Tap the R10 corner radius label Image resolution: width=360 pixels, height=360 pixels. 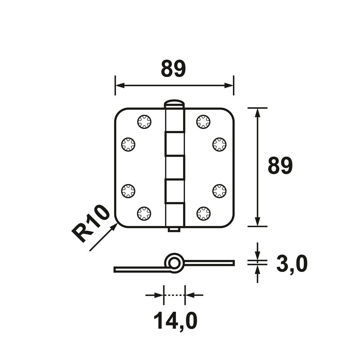pos(90,224)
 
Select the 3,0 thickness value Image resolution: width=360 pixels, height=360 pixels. pos(292,264)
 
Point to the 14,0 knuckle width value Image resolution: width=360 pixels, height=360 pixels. pos(175,320)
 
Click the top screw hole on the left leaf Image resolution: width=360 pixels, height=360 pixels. pos(144,122)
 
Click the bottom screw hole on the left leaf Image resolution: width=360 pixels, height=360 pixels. pos(144,213)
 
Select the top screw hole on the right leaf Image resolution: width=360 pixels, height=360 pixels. pos(203,122)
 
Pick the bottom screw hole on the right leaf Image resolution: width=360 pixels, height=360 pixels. pos(203,213)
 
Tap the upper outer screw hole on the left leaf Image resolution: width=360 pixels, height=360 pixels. pos(128,145)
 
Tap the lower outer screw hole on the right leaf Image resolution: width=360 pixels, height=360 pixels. pos(219,190)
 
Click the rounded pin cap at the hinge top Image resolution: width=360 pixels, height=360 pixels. pos(174,103)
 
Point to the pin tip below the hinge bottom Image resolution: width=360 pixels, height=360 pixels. pos(174,229)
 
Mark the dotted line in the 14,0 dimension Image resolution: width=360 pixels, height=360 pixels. pos(174,295)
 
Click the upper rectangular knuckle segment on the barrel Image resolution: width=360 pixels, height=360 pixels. pos(175,144)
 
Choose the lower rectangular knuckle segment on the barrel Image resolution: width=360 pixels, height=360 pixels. pos(175,191)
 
